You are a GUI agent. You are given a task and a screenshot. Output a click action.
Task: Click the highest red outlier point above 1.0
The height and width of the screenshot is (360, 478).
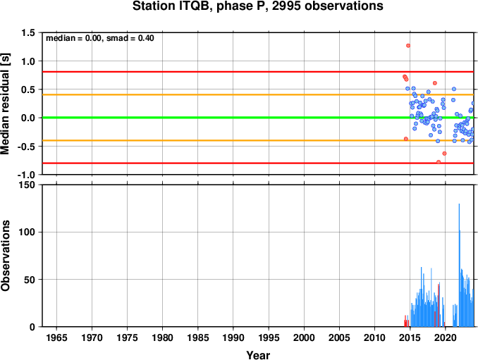coord(408,46)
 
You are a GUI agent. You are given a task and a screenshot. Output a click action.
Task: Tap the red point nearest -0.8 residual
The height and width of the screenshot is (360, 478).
coord(439,162)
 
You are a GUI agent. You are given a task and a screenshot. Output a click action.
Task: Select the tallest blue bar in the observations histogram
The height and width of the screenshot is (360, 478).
coord(459,265)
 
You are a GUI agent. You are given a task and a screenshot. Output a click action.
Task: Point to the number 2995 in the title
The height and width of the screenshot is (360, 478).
coord(286,6)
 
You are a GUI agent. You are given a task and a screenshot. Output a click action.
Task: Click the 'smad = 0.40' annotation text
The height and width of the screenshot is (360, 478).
coord(130,38)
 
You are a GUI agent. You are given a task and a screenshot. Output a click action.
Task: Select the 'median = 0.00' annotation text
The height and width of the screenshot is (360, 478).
coord(73,38)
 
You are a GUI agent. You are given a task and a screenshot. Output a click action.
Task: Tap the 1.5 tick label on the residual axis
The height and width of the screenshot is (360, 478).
coord(28,32)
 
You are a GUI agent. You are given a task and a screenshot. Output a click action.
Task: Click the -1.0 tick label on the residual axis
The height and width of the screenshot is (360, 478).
coord(26,175)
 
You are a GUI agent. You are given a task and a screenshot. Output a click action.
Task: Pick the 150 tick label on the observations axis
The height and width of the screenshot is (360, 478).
coord(27,185)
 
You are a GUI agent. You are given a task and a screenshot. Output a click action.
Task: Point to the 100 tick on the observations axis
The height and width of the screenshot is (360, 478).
coord(27,232)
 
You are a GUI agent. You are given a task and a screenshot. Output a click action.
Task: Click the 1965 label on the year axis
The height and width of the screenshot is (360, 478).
coord(56,337)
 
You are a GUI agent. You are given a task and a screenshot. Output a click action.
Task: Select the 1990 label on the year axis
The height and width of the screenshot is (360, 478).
coord(233,337)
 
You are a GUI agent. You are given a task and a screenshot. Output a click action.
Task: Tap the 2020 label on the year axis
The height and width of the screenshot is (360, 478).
coord(446,337)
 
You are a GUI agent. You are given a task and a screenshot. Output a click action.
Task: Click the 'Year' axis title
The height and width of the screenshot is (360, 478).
coord(258,355)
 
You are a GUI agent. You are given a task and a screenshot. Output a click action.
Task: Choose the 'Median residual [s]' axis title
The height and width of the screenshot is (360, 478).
coord(5,104)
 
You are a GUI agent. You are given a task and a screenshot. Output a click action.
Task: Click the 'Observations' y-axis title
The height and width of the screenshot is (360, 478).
coord(5,256)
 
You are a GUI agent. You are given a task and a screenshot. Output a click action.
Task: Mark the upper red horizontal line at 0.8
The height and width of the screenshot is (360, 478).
coord(258,72)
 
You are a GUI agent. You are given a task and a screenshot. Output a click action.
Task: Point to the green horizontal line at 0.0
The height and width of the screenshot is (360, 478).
coord(258,118)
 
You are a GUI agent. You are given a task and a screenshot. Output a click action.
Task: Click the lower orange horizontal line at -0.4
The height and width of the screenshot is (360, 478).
coord(258,140)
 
